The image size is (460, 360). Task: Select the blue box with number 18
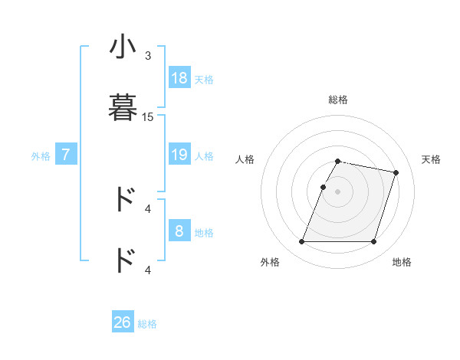179,78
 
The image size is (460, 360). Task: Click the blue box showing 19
179,155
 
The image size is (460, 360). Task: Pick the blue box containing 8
179,231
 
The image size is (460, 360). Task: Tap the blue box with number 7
66,155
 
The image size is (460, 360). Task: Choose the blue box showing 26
123,322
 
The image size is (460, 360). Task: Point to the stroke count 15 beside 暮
148,117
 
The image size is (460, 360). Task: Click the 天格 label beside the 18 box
204,80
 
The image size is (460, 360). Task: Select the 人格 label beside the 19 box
204,156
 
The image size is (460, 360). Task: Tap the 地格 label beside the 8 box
204,233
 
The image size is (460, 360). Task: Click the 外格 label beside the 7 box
41,156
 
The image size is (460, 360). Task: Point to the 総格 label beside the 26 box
147,324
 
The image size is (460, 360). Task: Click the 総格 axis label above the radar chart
337,100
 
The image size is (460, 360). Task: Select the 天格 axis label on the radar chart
431,159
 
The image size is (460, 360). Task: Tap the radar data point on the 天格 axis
396,172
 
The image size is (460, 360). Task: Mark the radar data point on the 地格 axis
373,242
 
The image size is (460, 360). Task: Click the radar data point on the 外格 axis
302,242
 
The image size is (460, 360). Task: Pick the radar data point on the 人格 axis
324,187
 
